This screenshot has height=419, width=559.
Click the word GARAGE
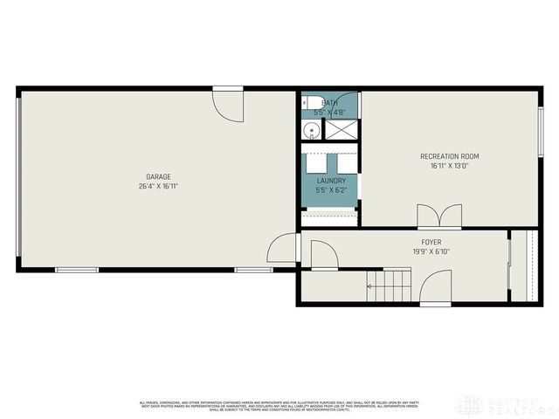158,176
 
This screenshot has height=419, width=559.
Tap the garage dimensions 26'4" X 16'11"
158,186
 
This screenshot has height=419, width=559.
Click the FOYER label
431,242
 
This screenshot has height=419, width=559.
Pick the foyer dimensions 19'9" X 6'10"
431,251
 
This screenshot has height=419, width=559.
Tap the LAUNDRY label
331,181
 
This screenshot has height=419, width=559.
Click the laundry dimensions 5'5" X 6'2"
331,189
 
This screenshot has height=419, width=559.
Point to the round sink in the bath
311,131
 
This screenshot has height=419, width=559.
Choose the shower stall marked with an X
341,130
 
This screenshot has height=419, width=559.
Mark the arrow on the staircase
372,285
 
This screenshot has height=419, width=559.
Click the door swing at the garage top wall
229,103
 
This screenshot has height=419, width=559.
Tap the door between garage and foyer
283,249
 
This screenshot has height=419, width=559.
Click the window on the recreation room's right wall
540,131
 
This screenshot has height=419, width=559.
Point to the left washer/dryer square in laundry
316,163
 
